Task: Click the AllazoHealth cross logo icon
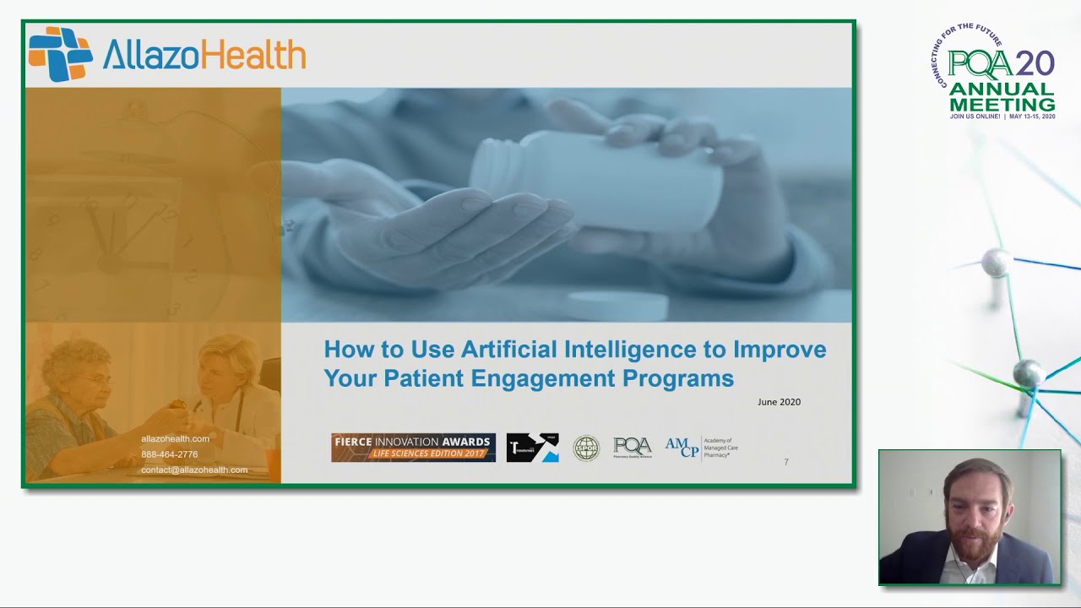(60, 54)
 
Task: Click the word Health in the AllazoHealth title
(257, 56)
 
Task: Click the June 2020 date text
(779, 402)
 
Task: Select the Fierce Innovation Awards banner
(413, 448)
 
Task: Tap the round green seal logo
(585, 448)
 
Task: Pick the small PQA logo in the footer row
(632, 448)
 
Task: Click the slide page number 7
(786, 462)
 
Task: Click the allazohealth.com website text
(175, 438)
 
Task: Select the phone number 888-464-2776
(169, 454)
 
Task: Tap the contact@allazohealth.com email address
(194, 470)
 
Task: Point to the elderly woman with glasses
(76, 380)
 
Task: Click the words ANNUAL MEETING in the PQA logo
(1002, 97)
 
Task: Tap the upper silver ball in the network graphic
(995, 263)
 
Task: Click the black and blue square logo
(532, 448)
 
